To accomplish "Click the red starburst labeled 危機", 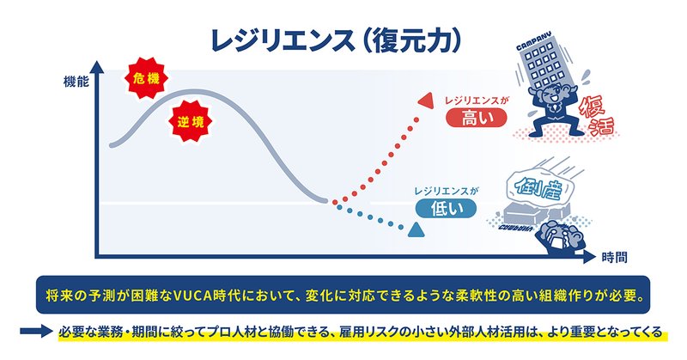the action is (146, 78).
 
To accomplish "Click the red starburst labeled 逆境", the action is (190, 121).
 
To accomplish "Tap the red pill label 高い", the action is (477, 118).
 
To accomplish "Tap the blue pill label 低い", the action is (446, 209).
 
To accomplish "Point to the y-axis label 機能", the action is (76, 82).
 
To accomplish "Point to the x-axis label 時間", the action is (614, 258).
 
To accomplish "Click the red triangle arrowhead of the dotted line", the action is (426, 101).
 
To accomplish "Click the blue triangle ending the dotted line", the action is (416, 229).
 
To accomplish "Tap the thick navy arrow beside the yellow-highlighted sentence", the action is (36, 331).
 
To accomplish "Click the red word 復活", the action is (596, 116).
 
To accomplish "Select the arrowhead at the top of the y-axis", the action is (97, 67).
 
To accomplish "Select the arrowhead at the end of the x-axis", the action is (590, 257).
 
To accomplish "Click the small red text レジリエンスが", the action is (477, 101).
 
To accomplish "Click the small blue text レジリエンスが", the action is (447, 192).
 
